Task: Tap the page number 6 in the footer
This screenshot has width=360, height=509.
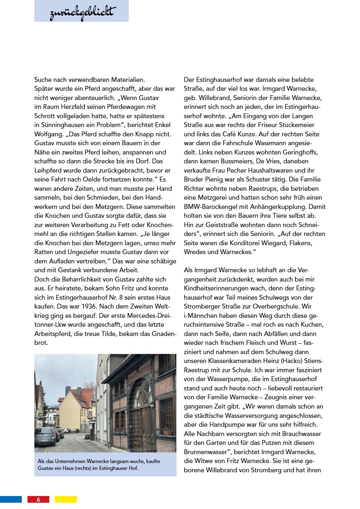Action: (38, 499)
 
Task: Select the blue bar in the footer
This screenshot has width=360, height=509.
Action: (11, 499)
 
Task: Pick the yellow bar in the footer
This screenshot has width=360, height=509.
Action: (66, 499)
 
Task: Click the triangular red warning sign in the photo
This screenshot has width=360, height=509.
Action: (90, 415)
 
